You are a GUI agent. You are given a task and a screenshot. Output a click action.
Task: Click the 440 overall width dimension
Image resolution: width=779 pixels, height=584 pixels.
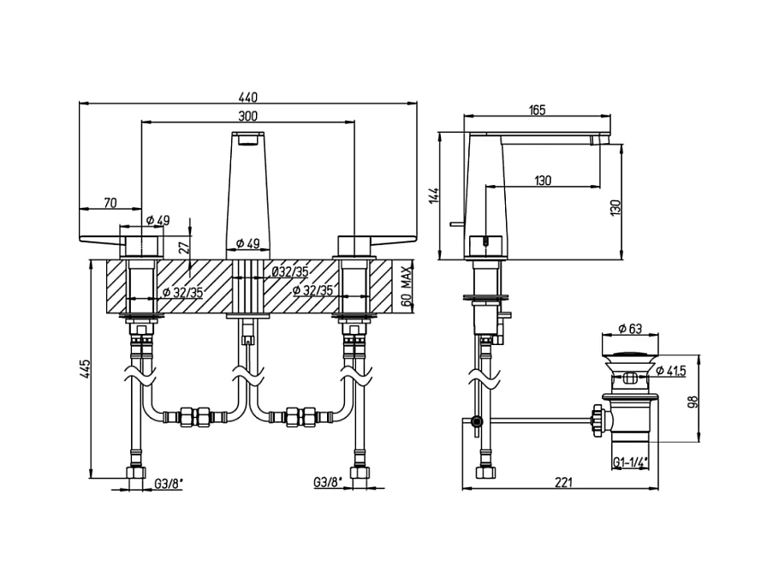[249, 97]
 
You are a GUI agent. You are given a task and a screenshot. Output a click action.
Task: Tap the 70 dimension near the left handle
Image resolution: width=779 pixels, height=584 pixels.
[110, 202]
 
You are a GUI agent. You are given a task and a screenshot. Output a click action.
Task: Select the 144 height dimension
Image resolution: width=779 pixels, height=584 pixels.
[434, 195]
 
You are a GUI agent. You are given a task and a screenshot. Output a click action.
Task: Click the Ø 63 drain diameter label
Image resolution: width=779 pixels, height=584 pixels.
[633, 329]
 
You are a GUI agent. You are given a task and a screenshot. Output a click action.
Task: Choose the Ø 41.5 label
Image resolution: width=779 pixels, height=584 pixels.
[675, 369]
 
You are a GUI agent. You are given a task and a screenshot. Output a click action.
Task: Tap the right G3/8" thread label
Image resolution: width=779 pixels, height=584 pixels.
[329, 483]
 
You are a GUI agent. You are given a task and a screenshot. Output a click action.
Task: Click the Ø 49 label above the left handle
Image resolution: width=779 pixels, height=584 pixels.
[156, 221]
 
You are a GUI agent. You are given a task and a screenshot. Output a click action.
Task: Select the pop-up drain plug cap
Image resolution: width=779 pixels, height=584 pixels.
[632, 350]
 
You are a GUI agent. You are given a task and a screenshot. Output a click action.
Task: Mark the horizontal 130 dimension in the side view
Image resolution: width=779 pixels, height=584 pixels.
[543, 180]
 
